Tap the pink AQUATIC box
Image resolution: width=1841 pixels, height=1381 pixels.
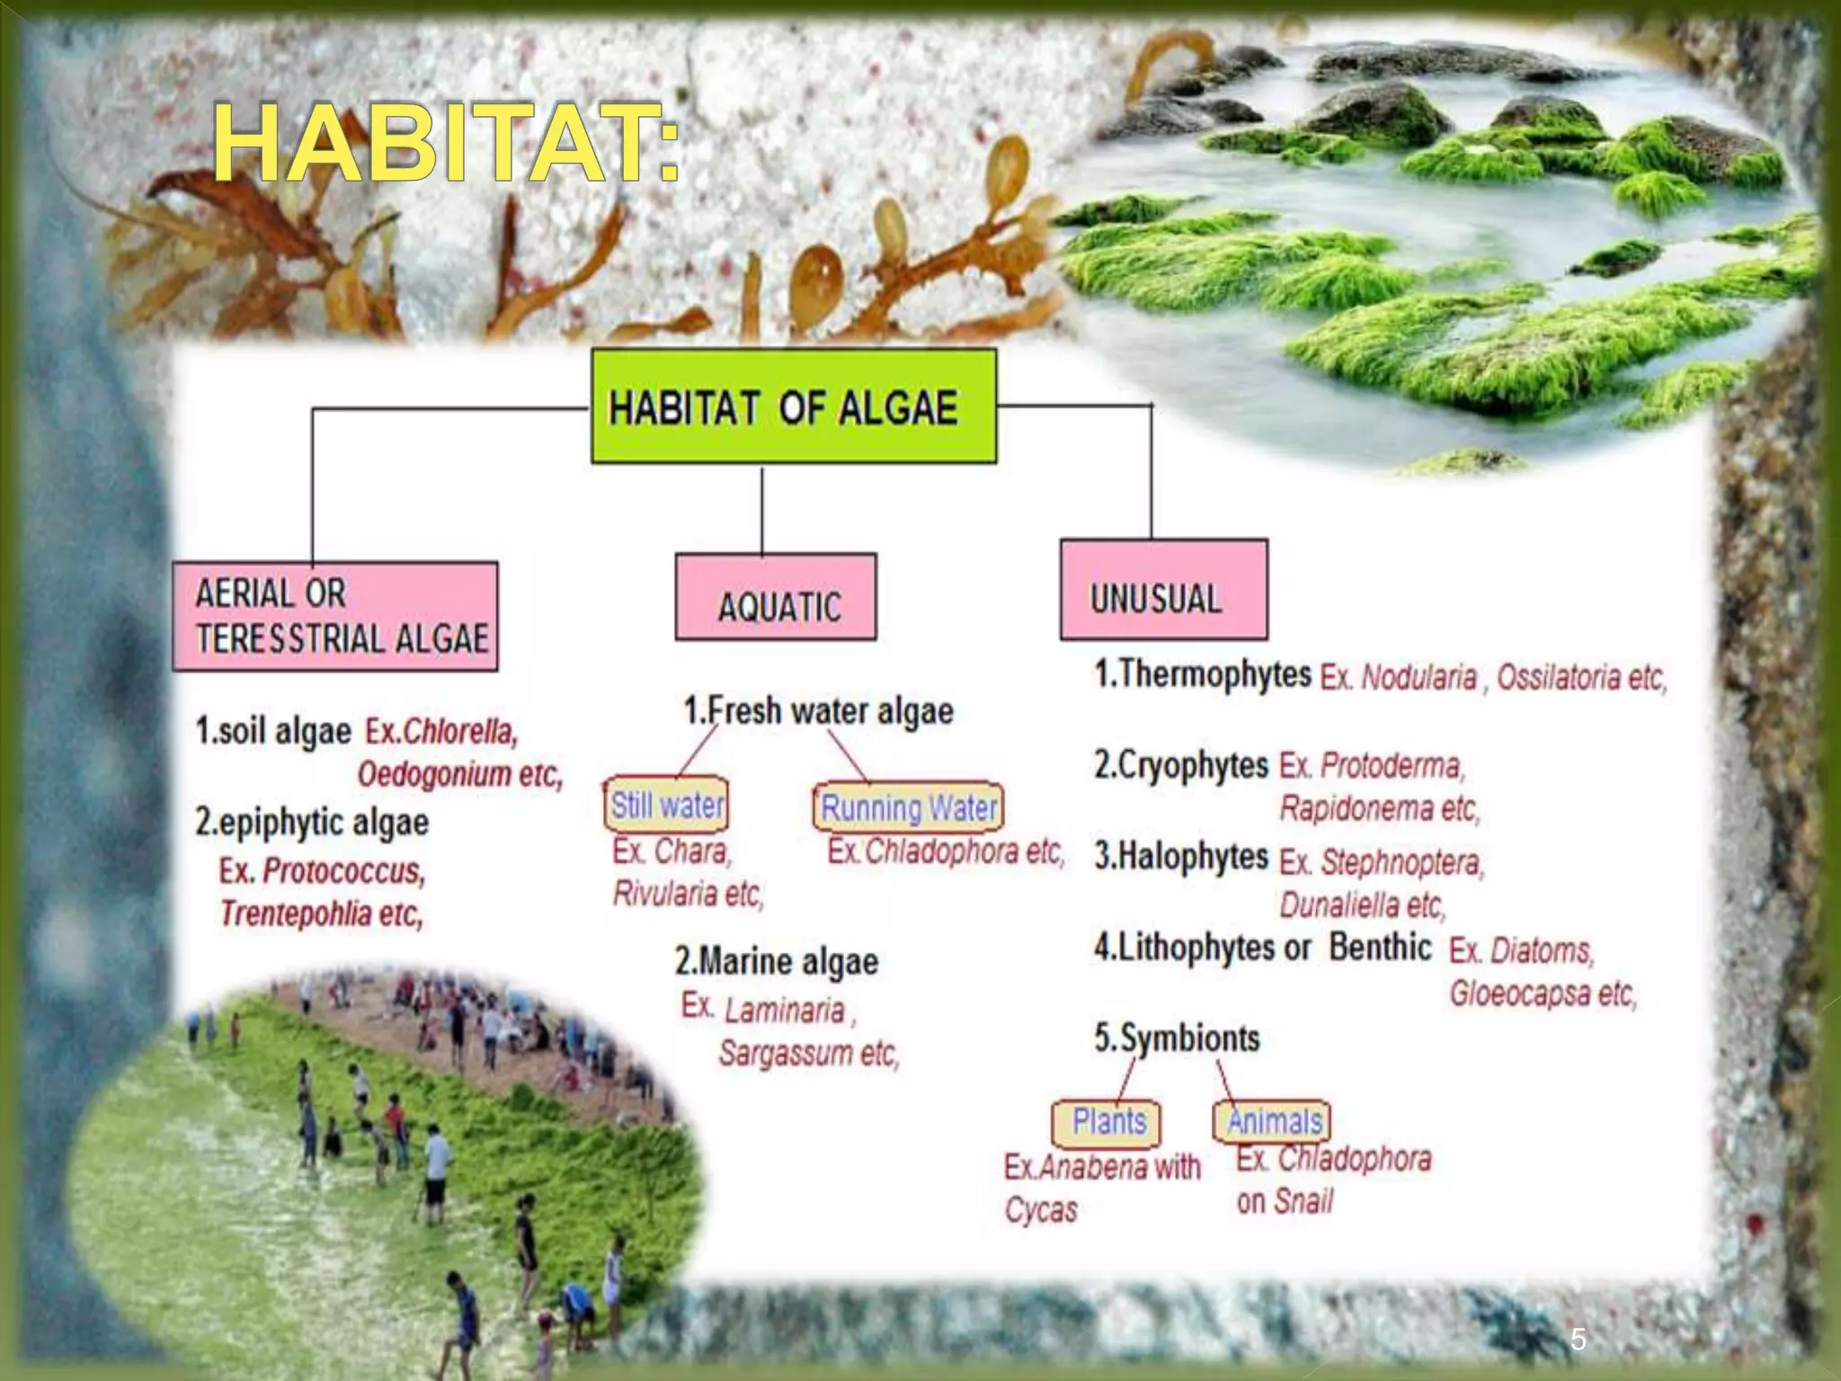point(776,598)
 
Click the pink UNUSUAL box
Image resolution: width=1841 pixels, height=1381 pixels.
point(1163,591)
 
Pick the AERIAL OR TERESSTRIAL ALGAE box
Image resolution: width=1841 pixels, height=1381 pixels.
point(335,617)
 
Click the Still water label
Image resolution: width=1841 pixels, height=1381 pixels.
point(667,804)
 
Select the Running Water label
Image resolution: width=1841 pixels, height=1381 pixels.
point(908,806)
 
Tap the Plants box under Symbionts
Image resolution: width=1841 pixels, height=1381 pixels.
point(1107,1122)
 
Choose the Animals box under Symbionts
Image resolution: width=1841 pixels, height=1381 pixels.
point(1272,1121)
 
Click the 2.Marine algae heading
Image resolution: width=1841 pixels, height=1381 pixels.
point(776,961)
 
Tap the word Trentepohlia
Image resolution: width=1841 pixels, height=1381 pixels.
point(296,913)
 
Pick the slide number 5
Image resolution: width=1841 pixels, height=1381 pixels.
point(1578,1340)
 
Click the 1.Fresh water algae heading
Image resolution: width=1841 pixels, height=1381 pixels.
point(818,711)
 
